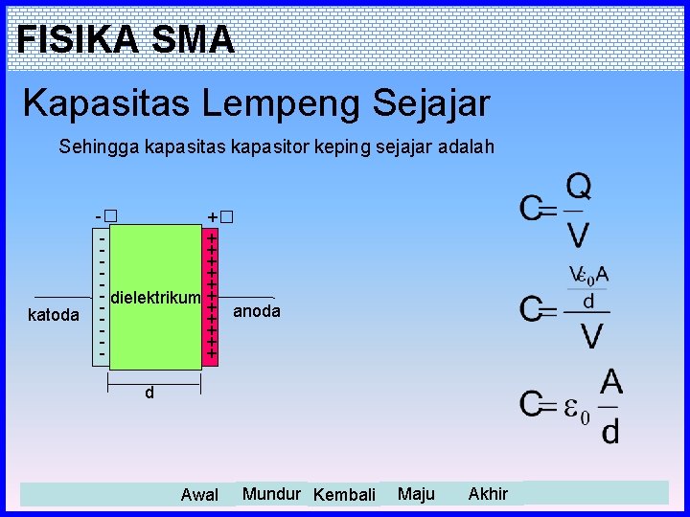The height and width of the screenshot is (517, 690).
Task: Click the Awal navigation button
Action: point(199,495)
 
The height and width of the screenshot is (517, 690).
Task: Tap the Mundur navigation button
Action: point(271,494)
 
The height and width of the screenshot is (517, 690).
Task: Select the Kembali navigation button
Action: point(344,495)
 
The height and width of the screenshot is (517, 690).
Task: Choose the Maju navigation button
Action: point(416,494)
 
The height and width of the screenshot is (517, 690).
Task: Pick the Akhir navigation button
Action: point(488,494)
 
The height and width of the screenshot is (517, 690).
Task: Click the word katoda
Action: point(53,314)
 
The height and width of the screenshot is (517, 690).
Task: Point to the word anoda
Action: point(257,311)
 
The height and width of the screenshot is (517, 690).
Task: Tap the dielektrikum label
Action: point(155,299)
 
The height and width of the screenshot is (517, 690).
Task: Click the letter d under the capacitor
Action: point(149,393)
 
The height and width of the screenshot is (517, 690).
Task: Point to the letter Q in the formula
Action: point(578,187)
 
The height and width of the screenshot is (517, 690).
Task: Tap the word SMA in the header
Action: point(193,39)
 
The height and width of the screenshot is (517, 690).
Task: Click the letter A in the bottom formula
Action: point(610,383)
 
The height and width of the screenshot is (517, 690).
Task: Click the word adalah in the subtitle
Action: point(466,146)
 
